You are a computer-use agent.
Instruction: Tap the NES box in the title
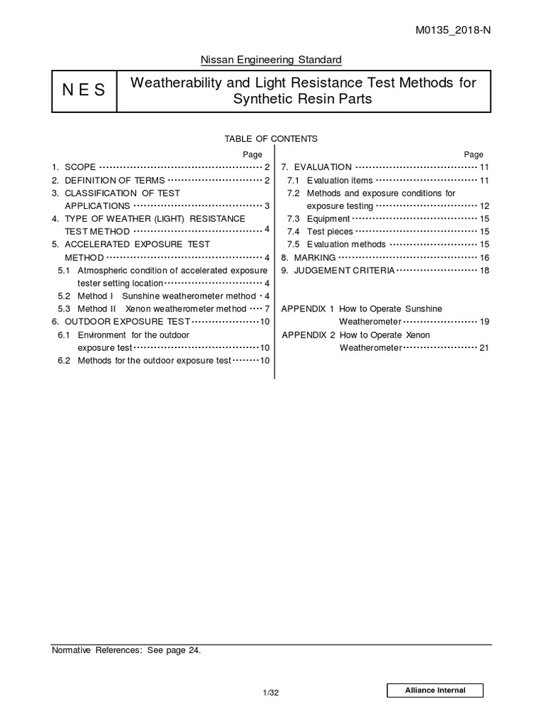(84, 90)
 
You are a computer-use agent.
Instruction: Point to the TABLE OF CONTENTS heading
(270, 139)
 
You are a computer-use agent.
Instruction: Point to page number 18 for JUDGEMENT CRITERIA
(484, 270)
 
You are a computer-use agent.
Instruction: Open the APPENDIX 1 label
(307, 309)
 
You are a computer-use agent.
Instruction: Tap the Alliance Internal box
(435, 691)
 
